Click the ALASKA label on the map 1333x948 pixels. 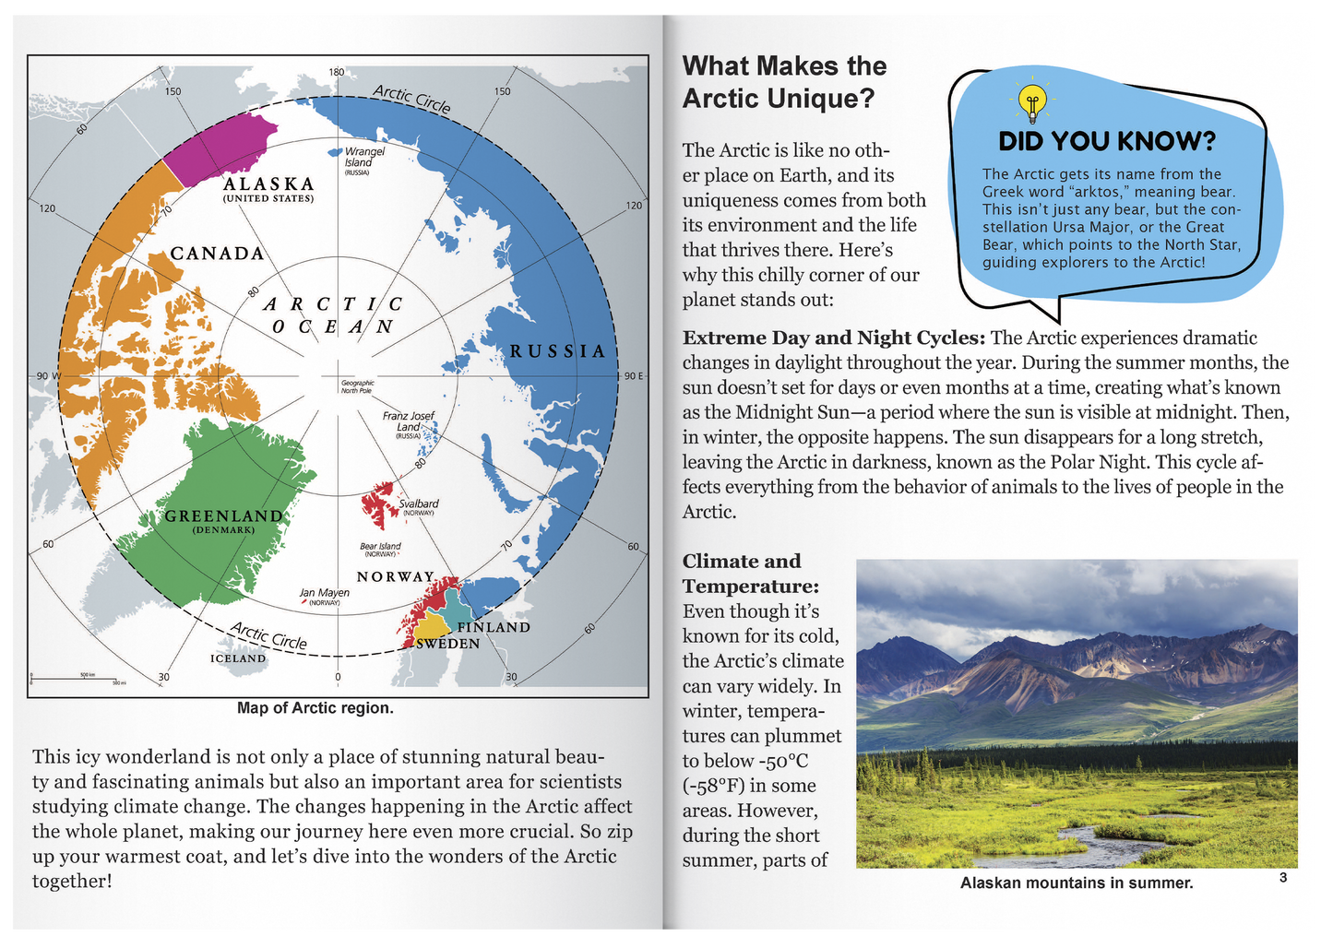point(268,184)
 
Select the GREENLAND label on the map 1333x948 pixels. point(223,516)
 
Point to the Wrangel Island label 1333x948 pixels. point(363,157)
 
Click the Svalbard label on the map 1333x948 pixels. point(418,504)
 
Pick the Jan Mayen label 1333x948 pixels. point(324,593)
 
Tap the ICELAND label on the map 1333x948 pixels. point(238,658)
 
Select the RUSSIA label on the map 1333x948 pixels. point(558,351)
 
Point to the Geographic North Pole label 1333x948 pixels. point(357,386)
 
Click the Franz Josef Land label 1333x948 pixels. point(408,421)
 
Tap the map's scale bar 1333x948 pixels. point(77,679)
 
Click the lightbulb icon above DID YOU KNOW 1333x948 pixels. point(1032,101)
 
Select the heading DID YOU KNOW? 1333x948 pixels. point(1107,141)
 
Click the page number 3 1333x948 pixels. point(1283,878)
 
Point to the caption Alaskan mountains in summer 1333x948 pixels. point(1077,883)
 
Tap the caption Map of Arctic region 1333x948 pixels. point(315,708)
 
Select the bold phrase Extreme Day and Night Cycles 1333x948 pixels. point(834,338)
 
